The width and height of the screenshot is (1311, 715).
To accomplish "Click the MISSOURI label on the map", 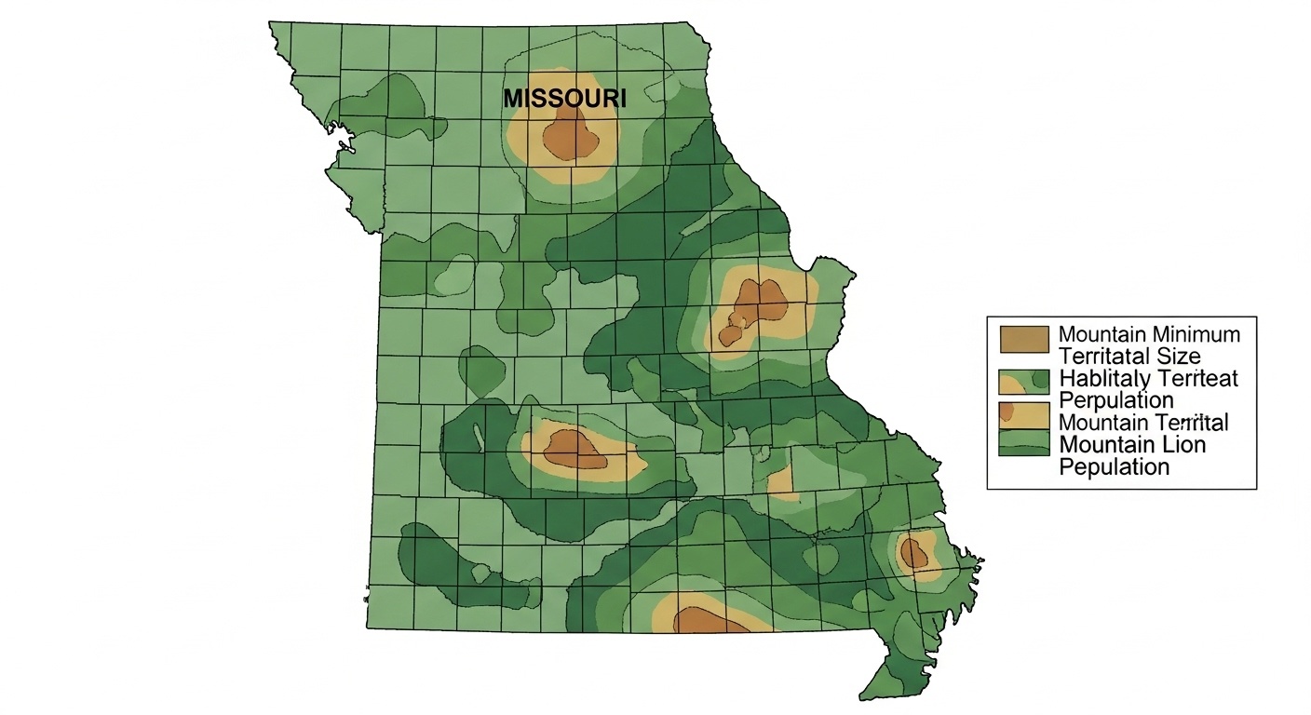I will [564, 98].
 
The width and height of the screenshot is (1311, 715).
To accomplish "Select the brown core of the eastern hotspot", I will [758, 303].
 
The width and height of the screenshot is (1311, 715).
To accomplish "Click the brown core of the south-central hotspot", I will [574, 448].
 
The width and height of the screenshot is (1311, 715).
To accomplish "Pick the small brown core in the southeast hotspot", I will [914, 554].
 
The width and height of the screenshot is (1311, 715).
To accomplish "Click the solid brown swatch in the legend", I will [1023, 340].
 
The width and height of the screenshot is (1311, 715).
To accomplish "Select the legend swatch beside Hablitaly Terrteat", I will [1023, 382].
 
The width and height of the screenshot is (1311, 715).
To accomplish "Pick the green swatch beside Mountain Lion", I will [1023, 443].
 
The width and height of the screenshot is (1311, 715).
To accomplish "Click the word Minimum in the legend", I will [1196, 334].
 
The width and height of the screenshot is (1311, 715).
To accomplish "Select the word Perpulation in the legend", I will [1116, 400].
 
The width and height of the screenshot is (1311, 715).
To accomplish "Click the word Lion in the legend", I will [1183, 444].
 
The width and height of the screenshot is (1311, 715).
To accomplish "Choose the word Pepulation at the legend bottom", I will [1115, 466].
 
